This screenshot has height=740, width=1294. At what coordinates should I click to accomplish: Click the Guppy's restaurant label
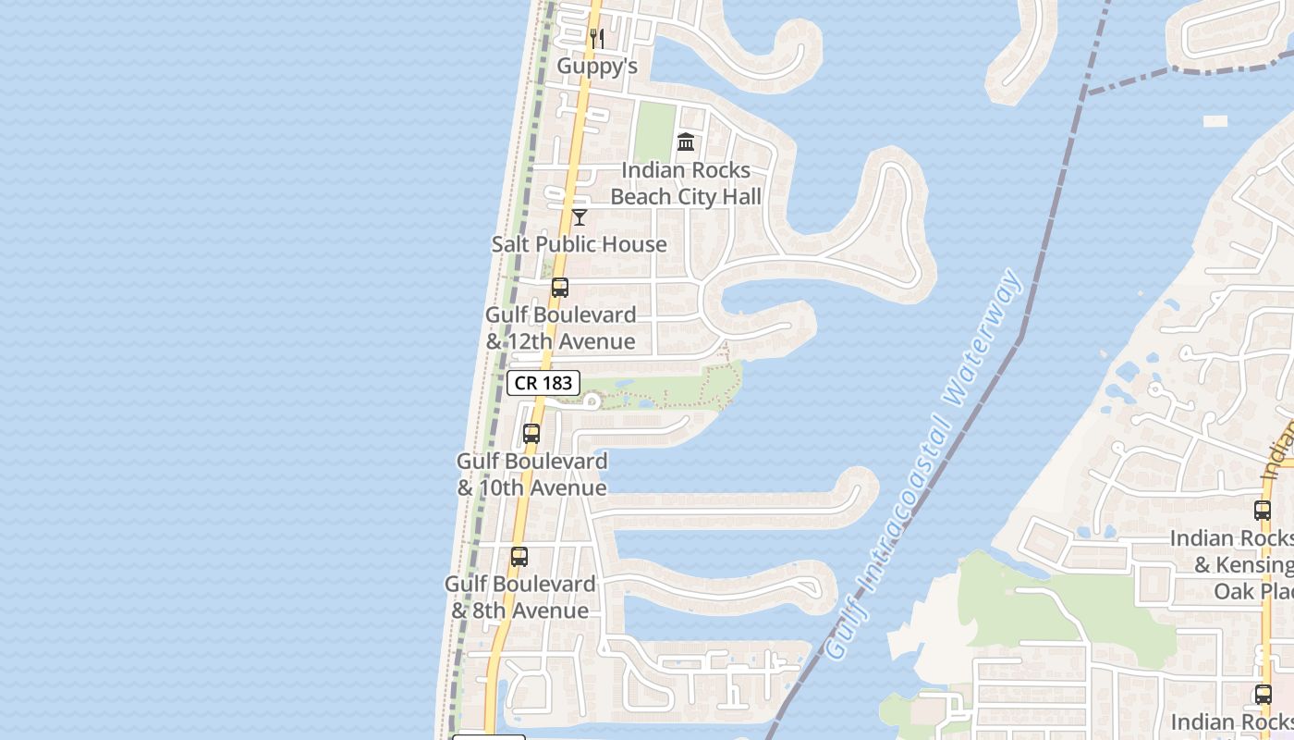597,67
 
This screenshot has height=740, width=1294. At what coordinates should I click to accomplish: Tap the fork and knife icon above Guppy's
597,39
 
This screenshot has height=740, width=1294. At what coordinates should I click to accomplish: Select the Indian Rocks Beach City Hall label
686,183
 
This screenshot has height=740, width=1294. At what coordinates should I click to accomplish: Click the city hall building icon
686,142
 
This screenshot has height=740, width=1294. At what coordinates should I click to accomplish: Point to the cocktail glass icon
580,217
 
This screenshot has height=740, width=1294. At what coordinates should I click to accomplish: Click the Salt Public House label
579,244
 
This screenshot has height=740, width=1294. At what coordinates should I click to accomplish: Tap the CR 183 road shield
543,383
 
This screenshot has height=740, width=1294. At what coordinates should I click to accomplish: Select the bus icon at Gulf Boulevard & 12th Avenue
560,288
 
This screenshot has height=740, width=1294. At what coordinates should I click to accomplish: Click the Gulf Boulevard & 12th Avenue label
560,327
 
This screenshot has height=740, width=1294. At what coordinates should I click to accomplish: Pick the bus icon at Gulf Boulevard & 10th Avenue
531,433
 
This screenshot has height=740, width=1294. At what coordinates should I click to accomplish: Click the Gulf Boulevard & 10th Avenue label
532,474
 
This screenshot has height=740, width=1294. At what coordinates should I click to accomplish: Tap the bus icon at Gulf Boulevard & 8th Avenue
519,557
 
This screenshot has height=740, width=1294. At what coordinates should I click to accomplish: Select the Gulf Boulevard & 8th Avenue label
519,597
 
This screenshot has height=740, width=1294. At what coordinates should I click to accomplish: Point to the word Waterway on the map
984,338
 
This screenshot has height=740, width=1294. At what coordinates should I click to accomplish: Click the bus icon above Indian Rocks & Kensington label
1263,510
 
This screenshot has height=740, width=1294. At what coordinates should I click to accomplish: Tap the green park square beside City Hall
655,132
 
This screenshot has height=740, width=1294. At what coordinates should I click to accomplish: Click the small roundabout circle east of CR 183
592,401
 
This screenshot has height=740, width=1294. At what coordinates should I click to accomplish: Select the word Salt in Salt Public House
510,244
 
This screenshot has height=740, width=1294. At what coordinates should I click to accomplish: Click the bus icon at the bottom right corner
1263,695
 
